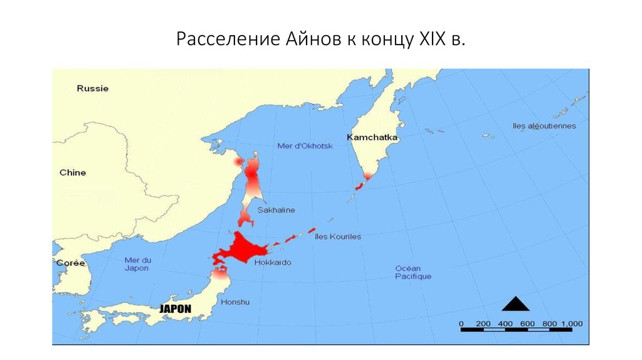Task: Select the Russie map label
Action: coord(93,88)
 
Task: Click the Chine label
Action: coord(73,172)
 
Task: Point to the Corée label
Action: coord(70,263)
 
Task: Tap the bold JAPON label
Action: coord(175,309)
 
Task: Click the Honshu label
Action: coord(235,302)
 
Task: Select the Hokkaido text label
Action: coord(273,263)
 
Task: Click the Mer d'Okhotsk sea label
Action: coord(305,146)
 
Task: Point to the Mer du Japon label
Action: coord(137,264)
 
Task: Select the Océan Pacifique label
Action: coord(413,272)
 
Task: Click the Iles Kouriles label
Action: coord(338,237)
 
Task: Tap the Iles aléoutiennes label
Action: coord(544,126)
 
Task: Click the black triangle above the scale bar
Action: coord(515,304)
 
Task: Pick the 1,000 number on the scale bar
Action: coord(571,324)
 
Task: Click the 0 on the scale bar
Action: coord(461,324)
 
